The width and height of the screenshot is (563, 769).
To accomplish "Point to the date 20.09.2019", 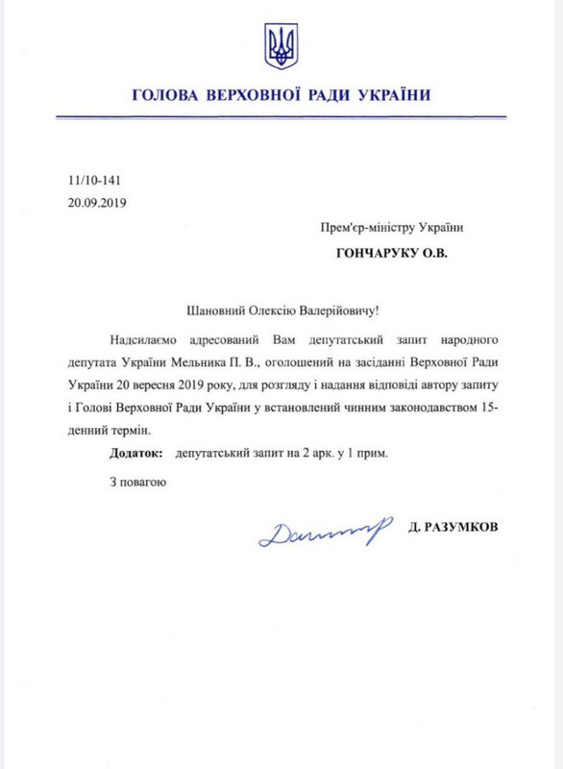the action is click(x=97, y=203).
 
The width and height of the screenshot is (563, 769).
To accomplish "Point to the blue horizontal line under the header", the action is click(x=281, y=117).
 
